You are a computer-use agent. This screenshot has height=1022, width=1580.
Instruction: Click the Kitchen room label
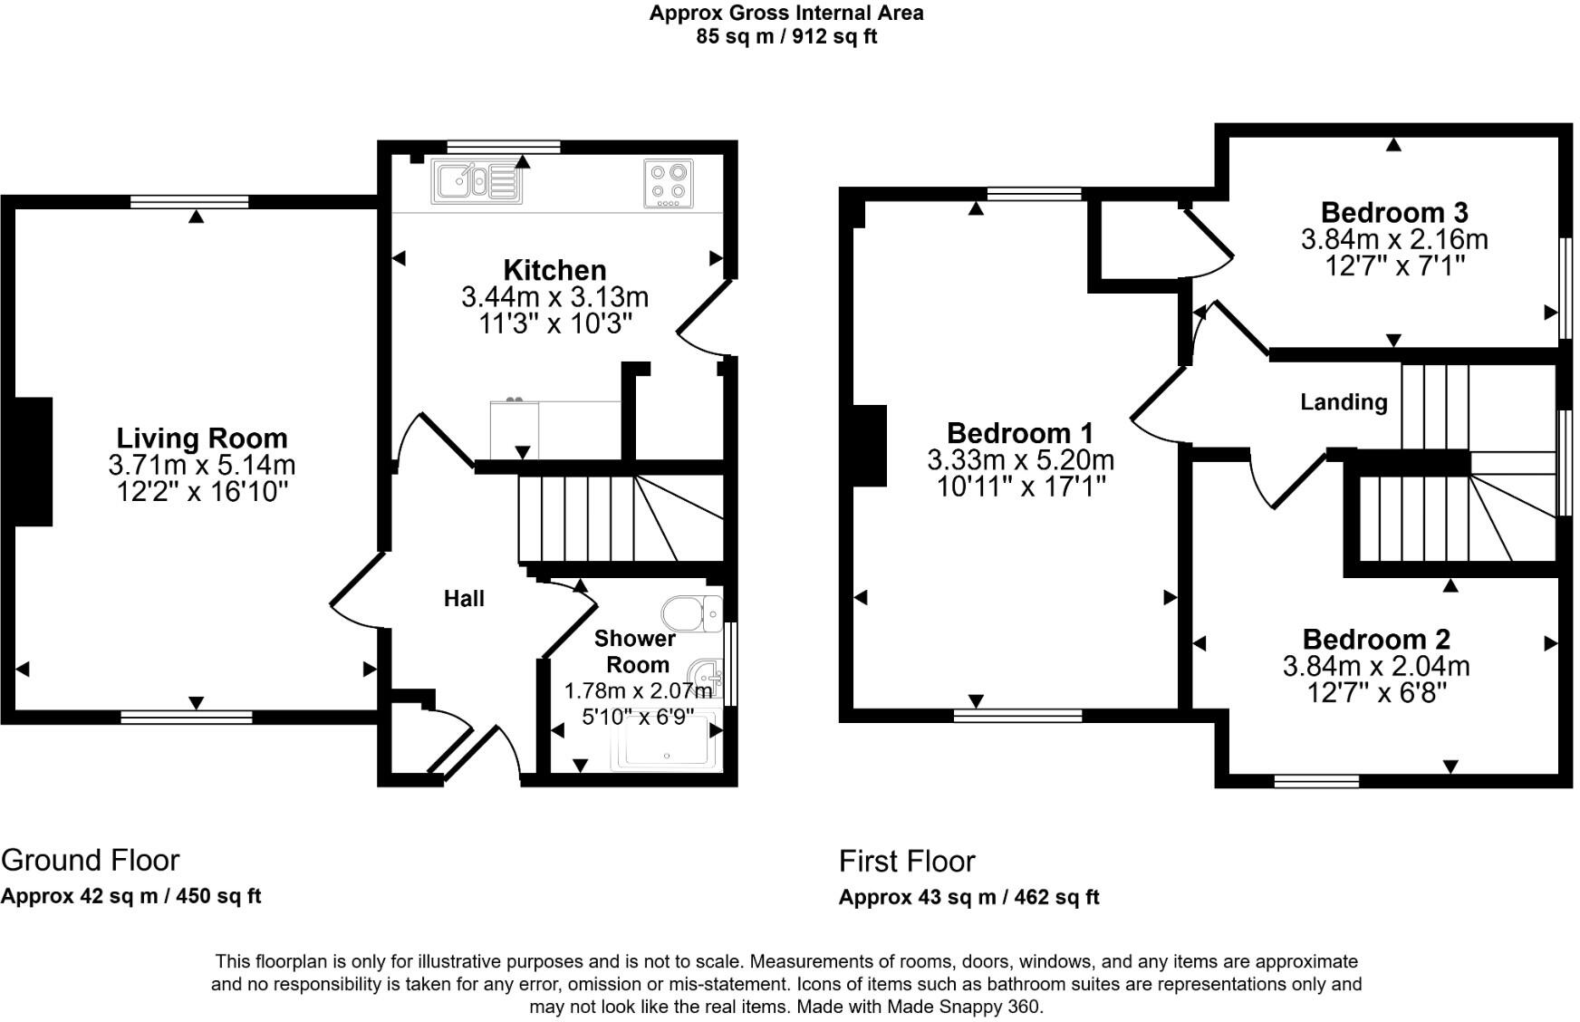554,270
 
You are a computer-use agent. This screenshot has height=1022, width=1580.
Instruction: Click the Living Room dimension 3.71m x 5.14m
202,466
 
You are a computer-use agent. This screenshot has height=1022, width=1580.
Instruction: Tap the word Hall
464,598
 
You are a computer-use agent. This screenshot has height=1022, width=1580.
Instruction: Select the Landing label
1344,401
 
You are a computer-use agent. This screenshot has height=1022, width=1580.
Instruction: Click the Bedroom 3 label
1393,212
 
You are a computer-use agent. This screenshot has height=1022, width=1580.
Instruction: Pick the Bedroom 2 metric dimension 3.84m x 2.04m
1375,667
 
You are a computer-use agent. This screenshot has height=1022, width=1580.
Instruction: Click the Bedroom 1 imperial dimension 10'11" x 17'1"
1021,487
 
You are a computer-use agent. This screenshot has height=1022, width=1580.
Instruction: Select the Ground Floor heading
91,860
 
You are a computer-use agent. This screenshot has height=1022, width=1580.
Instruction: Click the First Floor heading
907,861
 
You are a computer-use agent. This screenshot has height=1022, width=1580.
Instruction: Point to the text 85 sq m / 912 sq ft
786,37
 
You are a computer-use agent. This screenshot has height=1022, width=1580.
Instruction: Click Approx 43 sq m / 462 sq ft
968,897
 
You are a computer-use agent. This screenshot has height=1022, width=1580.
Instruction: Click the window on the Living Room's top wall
189,202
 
